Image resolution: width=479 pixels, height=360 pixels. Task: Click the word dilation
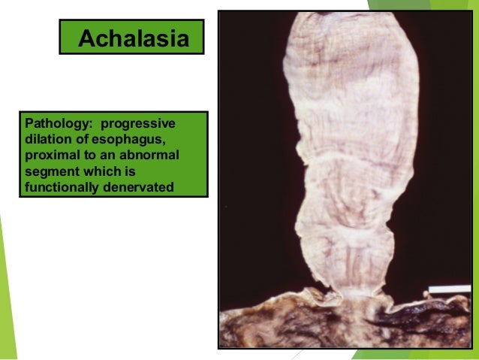pos(47,138)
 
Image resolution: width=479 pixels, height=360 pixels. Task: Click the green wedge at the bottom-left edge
pos(6,301)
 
